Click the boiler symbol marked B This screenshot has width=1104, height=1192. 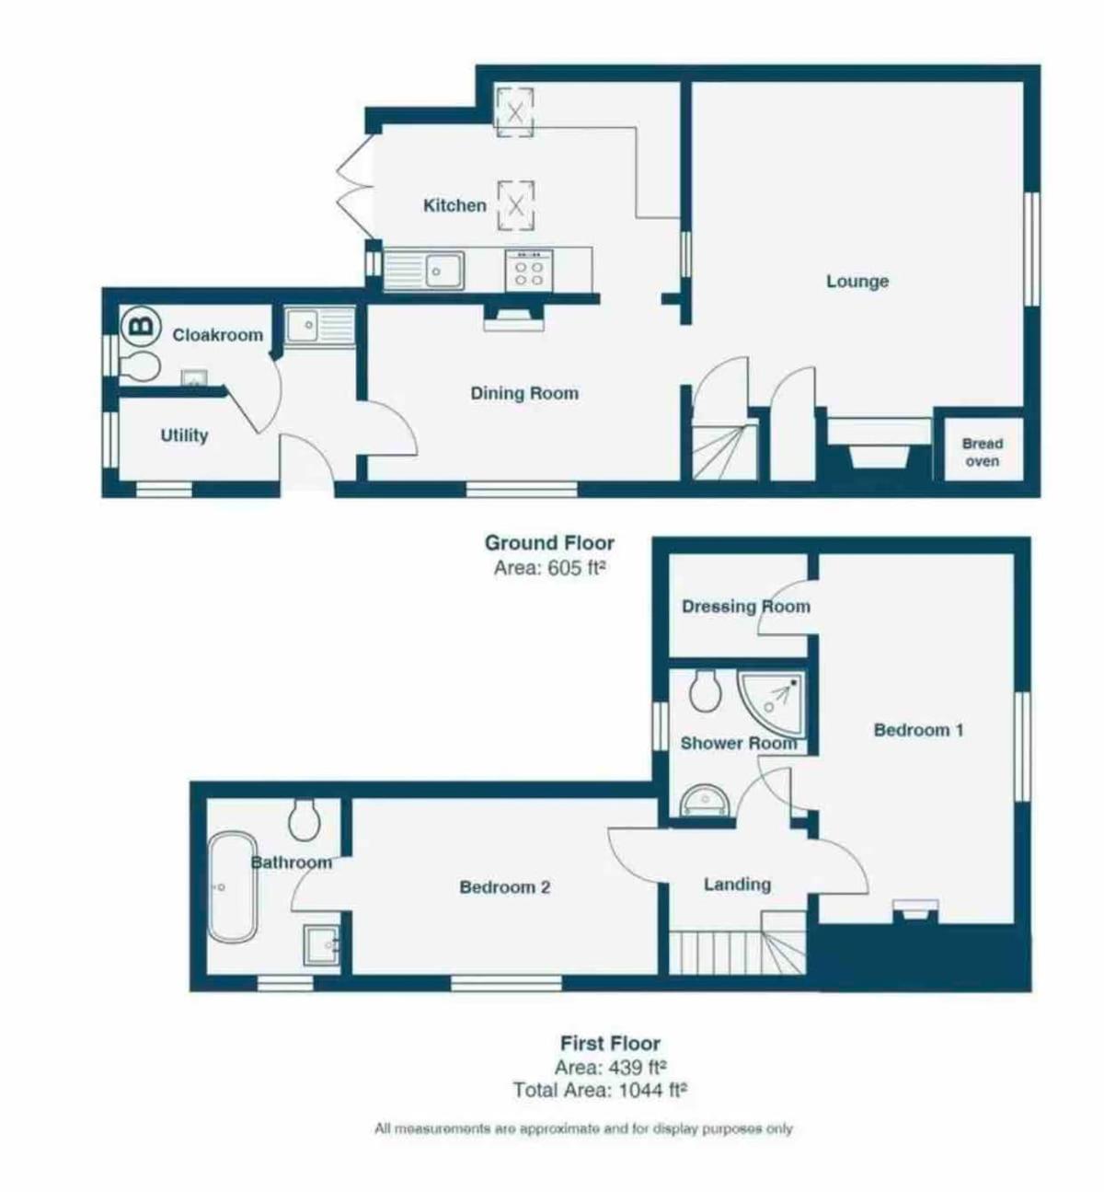pos(142,327)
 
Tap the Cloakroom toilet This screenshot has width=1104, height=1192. pos(140,366)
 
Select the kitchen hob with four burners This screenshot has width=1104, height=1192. pos(529,271)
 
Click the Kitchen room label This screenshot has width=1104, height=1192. pos(454,206)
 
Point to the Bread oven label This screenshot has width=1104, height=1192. pos(983,453)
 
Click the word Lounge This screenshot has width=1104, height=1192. pos(857,281)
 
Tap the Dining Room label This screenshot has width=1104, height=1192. pos(524,394)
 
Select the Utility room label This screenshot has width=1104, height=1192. pos(184,435)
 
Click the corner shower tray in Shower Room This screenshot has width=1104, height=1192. pos(771,706)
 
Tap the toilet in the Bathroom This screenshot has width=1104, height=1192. pos(305,819)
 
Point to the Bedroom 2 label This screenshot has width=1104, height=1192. pos(504,887)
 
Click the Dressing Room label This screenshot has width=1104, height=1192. pos(746,607)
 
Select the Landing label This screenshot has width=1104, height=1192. pos(738,884)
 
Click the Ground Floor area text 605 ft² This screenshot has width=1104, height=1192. pos(547,568)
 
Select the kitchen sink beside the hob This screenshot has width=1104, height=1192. pos(424,270)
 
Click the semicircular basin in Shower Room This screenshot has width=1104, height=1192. pos(706,803)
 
